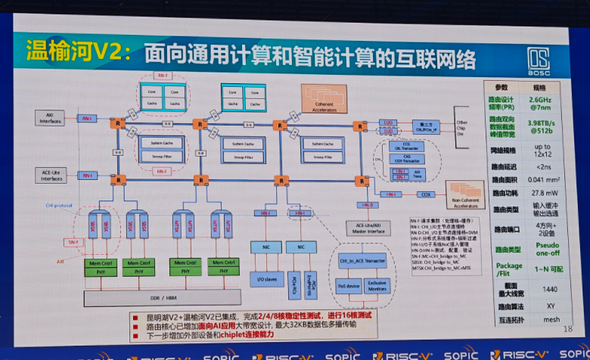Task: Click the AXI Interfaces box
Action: pos(51,118)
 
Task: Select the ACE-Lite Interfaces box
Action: pos(50,175)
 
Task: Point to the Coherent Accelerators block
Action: pos(324,96)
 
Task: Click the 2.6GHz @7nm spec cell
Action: pos(539,104)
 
